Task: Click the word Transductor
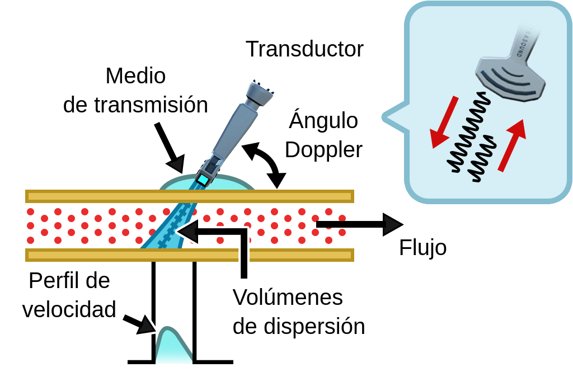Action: pos(304,49)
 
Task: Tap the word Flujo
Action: pos(422,248)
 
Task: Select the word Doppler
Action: pos(323,150)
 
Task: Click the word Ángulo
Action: pos(323,121)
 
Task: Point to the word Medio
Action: pos(135,76)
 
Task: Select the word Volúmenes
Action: pos(288,298)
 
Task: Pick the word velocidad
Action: pos(69,309)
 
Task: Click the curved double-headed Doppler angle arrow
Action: pos(263,163)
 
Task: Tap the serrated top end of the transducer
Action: pos(261,92)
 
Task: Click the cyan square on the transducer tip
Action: pos(202,180)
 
